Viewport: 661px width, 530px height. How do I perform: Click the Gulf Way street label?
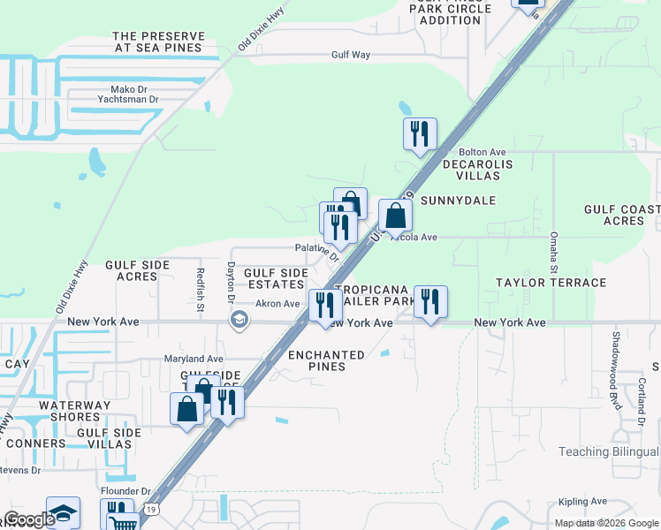350,55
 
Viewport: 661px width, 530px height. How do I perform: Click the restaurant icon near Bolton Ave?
420,134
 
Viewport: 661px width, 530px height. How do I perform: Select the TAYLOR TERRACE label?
551,283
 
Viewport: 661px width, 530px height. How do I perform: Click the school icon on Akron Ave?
238,320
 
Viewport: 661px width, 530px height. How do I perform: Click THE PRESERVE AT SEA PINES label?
159,42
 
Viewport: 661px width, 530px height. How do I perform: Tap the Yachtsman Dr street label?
129,100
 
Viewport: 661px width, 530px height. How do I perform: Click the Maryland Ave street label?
194,359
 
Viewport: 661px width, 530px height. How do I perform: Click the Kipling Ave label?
582,502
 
